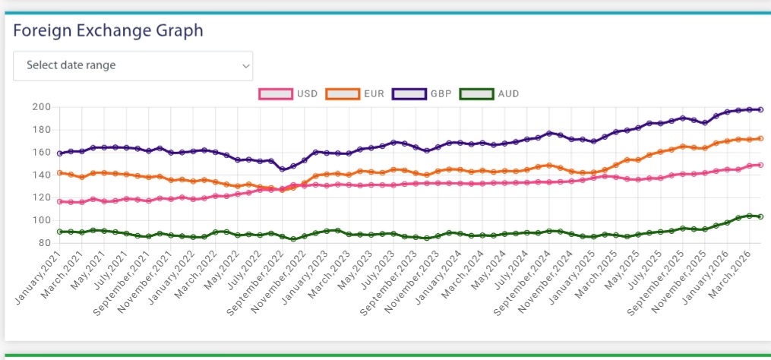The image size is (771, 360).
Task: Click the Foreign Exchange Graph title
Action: pos(108,31)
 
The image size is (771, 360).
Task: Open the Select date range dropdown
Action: pos(133,65)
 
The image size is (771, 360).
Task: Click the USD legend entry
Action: pos(288,94)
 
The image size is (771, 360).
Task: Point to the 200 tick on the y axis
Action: pos(39,106)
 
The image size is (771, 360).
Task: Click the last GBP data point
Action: pos(760,109)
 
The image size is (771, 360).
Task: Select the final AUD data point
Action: pos(760,216)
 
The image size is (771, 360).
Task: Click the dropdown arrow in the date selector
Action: pos(245,66)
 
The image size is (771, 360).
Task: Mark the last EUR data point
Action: pos(760,138)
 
